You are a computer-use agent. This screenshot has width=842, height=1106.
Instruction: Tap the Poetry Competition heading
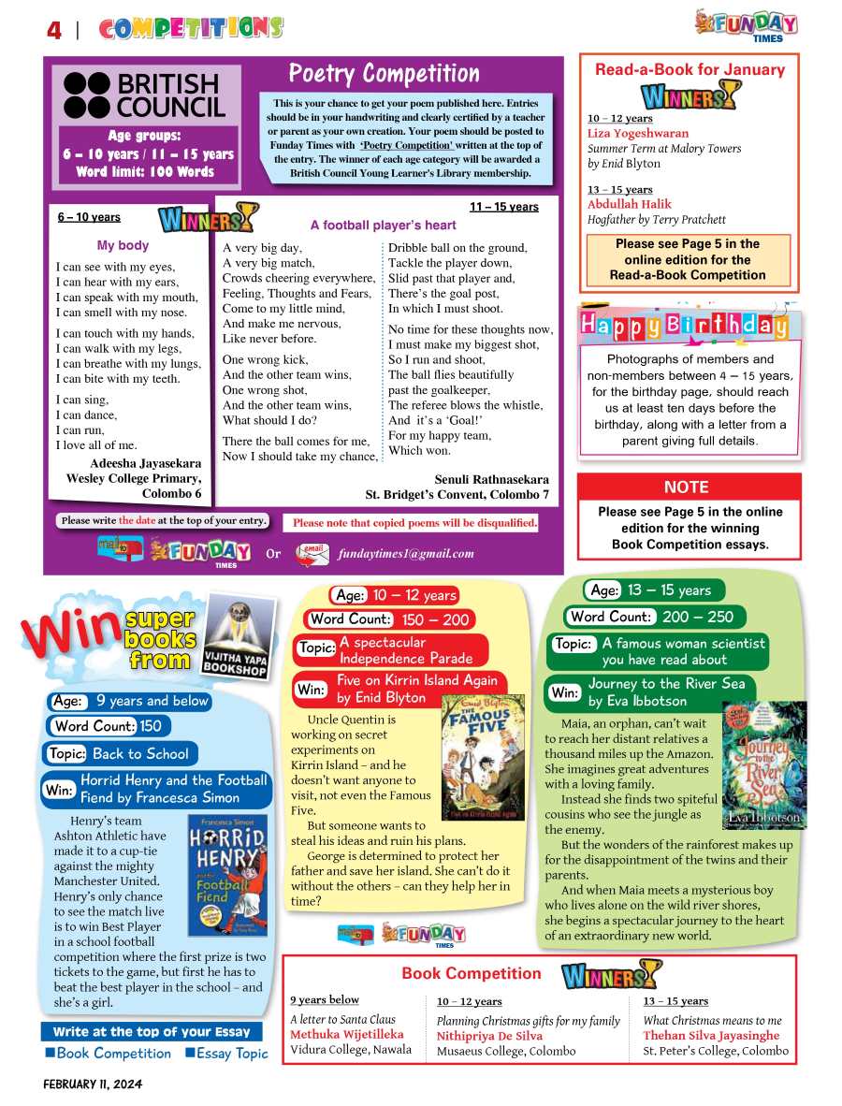pos(384,74)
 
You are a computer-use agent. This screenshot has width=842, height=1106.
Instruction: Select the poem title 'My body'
pos(123,246)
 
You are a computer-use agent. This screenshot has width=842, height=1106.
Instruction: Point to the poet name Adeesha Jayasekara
pos(145,463)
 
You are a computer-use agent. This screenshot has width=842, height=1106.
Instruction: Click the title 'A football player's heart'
pos(384,226)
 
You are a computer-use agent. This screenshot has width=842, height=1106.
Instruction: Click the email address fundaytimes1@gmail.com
pos(406,553)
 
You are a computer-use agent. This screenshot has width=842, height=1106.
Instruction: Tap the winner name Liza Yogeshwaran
pos(638,134)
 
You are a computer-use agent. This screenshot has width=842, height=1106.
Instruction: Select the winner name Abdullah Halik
pos(630,205)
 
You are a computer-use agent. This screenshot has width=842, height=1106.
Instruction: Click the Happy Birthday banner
pos(685,326)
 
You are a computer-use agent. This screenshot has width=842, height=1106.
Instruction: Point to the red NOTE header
pos(687,488)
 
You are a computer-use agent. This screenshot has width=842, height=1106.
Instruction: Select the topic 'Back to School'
pos(140,753)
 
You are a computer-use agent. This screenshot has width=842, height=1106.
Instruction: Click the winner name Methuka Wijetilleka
pos(347,1035)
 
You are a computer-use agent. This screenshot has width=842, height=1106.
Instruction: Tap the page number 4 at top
pos(54,31)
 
